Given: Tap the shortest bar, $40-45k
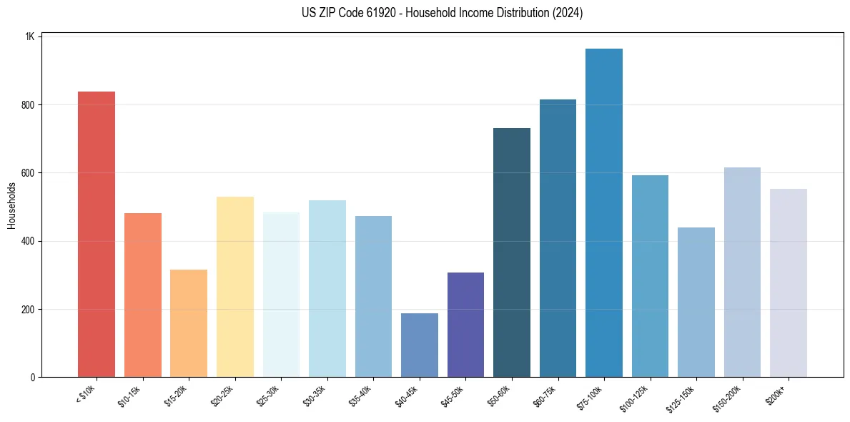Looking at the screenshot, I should pyautogui.click(x=420, y=345).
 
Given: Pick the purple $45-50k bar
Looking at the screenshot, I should pyautogui.click(x=465, y=325).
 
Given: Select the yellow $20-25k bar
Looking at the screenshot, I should pyautogui.click(x=235, y=287).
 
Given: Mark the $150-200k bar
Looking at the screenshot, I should pyautogui.click(x=742, y=273).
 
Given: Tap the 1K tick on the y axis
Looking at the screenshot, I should pyautogui.click(x=29, y=36).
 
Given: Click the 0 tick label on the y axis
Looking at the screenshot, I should pyautogui.click(x=31, y=378).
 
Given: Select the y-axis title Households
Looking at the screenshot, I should pyautogui.click(x=11, y=205).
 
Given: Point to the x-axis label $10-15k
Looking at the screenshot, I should pyautogui.click(x=130, y=395).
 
